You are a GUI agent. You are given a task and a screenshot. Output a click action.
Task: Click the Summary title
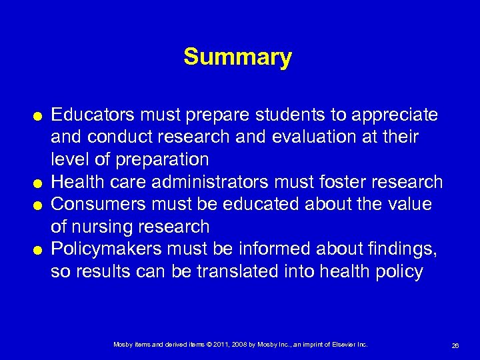click(237, 57)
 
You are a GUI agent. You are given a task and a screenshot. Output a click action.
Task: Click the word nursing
click(106, 227)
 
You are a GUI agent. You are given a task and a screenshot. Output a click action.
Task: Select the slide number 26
click(455, 345)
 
